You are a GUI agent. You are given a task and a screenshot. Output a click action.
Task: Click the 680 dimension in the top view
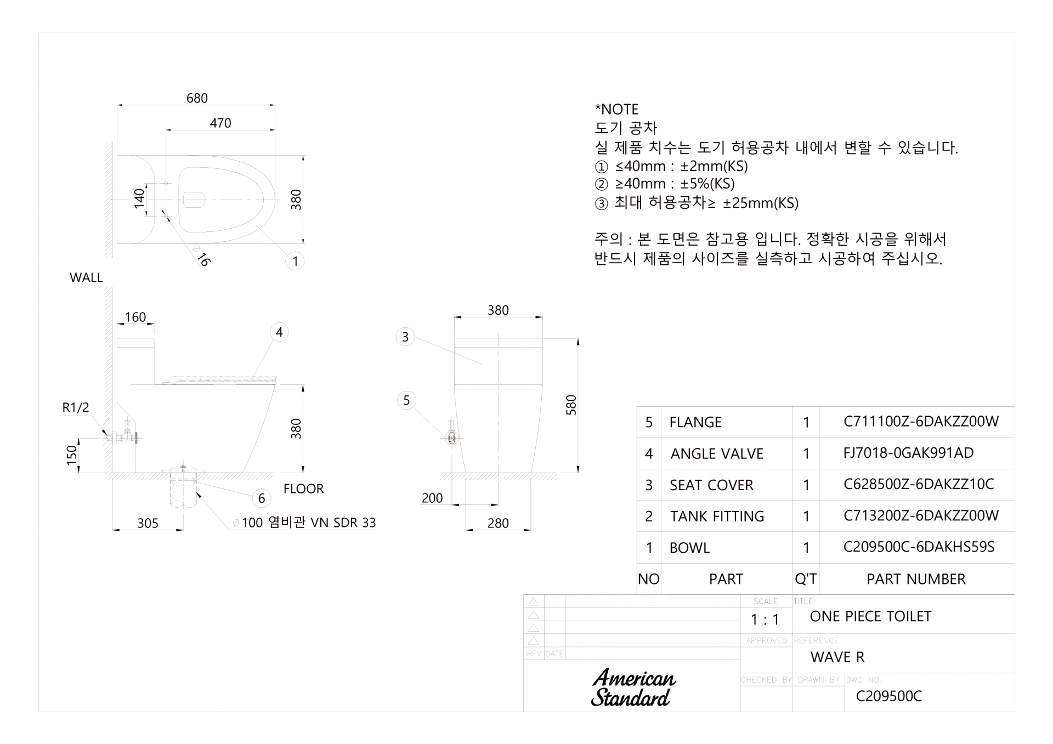click(197, 98)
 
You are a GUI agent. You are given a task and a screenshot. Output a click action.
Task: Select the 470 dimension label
click(220, 123)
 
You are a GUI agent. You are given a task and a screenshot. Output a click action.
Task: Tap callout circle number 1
click(295, 261)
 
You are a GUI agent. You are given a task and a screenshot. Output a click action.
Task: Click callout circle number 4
click(279, 332)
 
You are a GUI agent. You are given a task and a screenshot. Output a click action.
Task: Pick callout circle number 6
click(262, 498)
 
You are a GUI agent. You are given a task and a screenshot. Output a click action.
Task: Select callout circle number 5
click(406, 400)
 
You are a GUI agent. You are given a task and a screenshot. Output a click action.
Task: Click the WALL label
click(86, 277)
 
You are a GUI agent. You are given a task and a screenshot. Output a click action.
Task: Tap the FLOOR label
click(303, 489)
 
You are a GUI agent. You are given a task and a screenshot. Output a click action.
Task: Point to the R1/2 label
click(76, 407)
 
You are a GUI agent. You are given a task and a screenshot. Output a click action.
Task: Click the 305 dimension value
click(148, 523)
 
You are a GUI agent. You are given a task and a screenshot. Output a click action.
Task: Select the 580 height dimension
click(571, 405)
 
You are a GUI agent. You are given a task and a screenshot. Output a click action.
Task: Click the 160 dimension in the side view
click(135, 317)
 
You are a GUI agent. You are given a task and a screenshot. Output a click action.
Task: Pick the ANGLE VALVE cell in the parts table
click(717, 453)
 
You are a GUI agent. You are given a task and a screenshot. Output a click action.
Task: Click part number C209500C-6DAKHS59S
click(919, 547)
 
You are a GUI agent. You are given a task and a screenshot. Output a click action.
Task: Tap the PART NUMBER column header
click(916, 579)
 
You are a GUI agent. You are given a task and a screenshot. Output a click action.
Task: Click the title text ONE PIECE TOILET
click(870, 616)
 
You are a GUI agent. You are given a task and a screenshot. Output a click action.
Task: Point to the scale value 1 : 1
click(765, 620)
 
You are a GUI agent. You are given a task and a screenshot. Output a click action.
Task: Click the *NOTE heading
click(617, 109)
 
